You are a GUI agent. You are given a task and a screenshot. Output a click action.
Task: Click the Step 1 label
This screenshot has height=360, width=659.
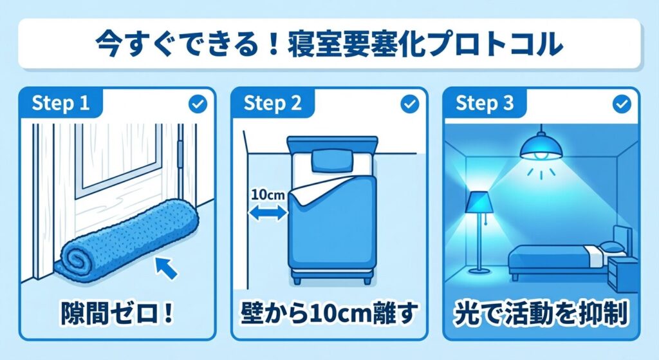[x=60, y=102]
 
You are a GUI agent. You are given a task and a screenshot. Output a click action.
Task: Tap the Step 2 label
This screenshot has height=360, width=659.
[x=272, y=102]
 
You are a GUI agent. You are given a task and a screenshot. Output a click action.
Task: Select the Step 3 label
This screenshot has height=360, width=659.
[x=485, y=102]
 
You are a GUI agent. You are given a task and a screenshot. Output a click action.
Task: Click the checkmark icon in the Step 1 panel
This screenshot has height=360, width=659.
[x=198, y=104]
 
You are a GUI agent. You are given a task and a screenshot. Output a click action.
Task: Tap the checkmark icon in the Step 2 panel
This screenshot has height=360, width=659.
[x=410, y=104]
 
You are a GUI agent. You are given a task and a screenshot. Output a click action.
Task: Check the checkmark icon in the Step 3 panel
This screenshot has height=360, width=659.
[x=622, y=104]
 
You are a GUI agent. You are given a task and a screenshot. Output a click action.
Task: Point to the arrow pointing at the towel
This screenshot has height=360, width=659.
[x=165, y=269]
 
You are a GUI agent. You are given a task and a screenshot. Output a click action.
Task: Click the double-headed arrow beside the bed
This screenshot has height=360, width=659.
[x=268, y=213]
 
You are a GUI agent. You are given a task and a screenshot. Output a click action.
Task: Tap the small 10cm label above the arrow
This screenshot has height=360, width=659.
[x=268, y=195]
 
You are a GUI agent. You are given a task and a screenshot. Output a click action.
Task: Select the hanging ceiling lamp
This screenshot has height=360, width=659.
[x=542, y=147]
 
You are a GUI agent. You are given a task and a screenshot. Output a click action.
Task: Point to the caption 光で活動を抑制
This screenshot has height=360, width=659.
[x=541, y=314]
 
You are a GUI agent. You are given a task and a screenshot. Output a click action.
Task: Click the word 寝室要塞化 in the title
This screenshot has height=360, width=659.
[x=355, y=43]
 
